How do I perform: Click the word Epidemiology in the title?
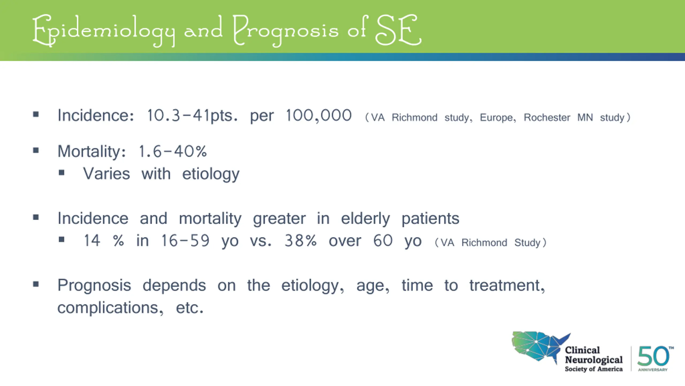tap(104, 31)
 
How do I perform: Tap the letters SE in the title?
tap(398, 30)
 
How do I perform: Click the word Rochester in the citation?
tap(547, 117)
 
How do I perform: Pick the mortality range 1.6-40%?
tap(173, 151)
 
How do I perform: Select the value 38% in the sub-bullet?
tap(300, 241)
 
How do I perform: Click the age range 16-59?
tap(185, 241)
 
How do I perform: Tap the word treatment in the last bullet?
tap(507, 286)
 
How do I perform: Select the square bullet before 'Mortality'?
tap(36, 150)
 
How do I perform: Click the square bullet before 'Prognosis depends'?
tap(36, 284)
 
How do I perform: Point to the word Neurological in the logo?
tap(594, 360)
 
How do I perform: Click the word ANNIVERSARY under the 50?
tap(653, 370)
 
